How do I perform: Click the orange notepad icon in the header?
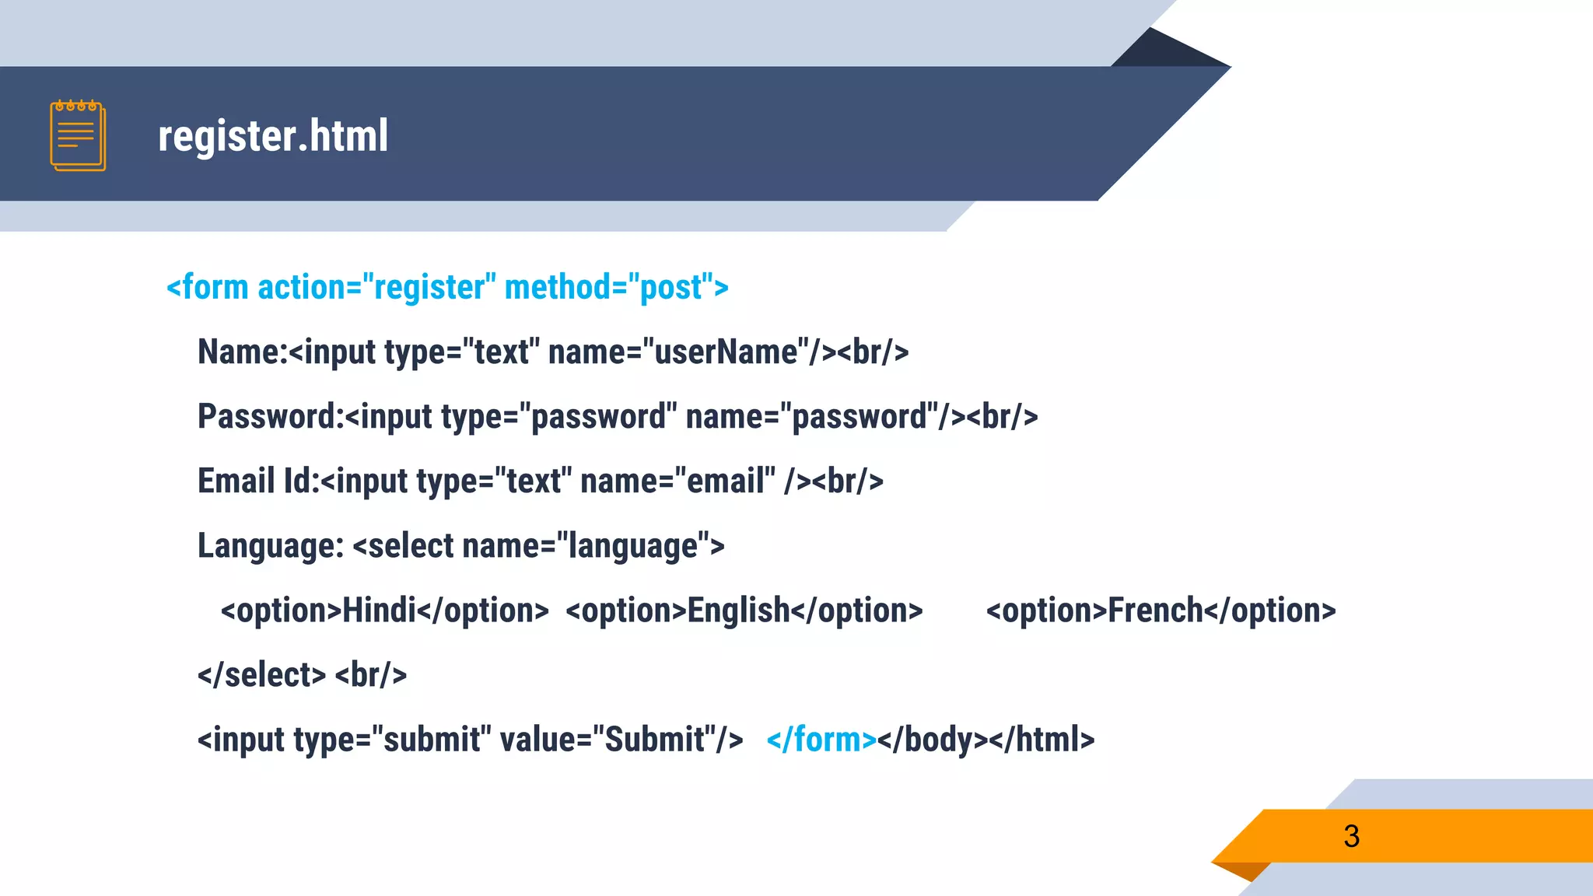pos(78,135)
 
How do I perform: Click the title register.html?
pos(273,135)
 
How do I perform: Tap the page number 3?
pos(1351,836)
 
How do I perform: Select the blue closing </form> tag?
pos(821,740)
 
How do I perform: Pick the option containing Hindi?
pos(385,611)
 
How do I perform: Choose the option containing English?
pos(744,611)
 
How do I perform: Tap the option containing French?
pos(1161,611)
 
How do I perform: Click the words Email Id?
pos(258,481)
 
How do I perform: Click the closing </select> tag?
pos(262,675)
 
